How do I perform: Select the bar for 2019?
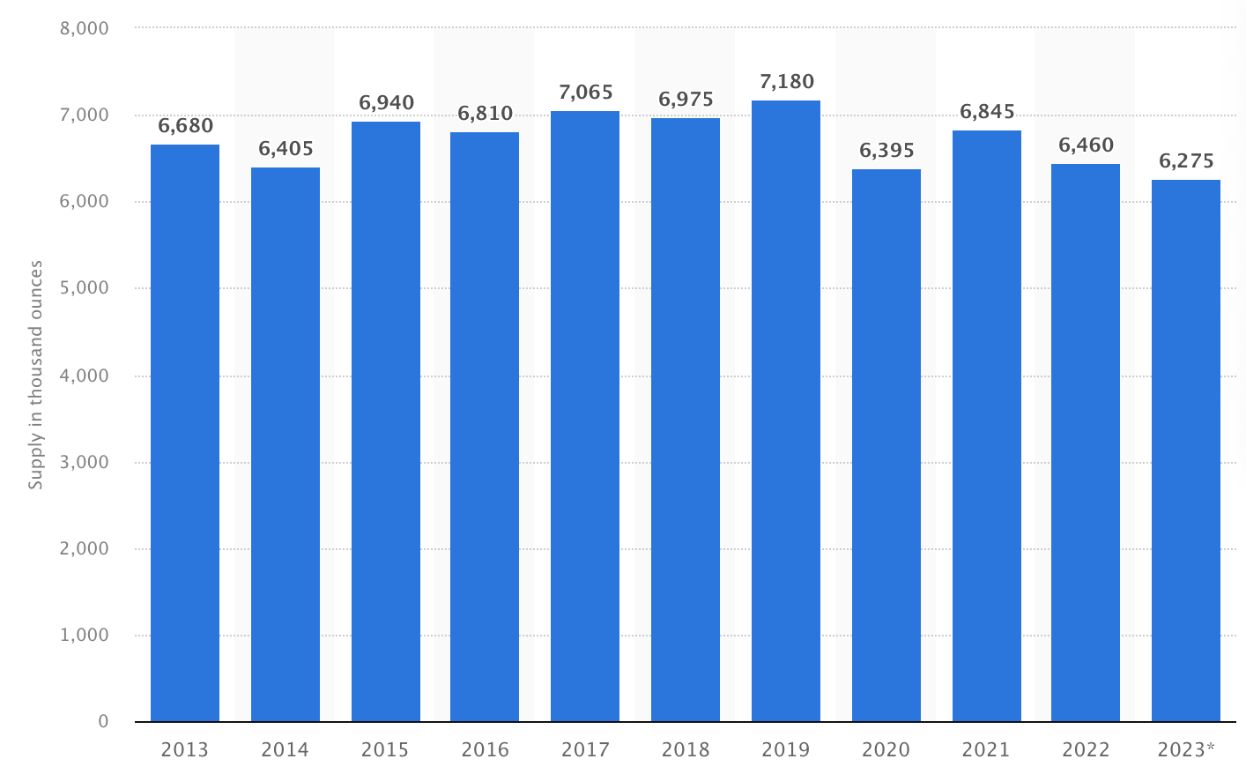786,411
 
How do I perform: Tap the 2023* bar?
1186,450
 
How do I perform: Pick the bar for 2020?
886,445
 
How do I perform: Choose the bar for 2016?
485,427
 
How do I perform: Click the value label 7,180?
787,82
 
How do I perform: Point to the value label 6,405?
286,149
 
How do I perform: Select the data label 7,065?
586,93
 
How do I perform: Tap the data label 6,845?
987,112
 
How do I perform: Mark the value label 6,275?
1186,161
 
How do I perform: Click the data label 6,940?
386,103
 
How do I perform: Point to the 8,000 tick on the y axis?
85,28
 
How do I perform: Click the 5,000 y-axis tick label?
85,288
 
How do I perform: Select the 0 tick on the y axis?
103,721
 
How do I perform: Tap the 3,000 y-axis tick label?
85,462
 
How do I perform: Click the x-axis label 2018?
686,749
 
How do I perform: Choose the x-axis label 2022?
1086,749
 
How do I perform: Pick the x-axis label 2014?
286,749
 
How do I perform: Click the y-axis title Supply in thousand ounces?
35,375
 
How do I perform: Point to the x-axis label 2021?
986,749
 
